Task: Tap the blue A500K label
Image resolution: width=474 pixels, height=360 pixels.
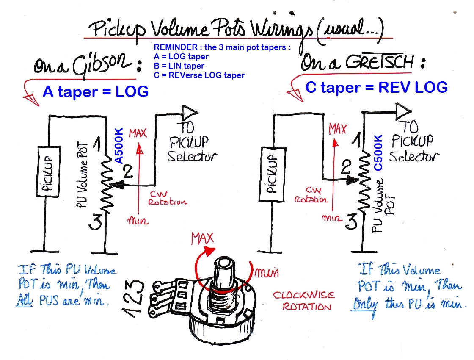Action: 119,147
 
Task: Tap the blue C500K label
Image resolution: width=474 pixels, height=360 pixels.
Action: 378,152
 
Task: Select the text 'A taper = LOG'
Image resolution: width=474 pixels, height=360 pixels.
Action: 96,91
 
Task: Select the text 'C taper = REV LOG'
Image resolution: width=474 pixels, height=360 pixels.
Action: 376,87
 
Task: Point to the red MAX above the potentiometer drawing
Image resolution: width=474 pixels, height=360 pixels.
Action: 202,238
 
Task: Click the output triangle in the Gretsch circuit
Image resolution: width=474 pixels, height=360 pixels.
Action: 403,111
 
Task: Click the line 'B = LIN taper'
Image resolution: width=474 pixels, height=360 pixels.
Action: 179,66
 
